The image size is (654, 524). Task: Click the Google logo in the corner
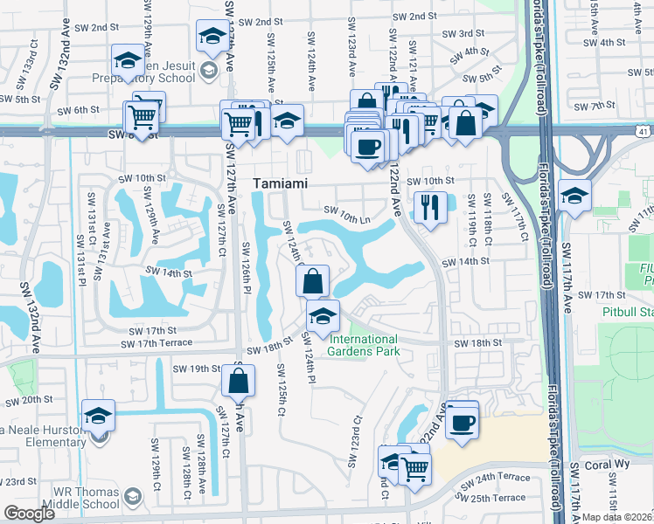pos(29,514)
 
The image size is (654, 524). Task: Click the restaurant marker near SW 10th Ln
pos(429,208)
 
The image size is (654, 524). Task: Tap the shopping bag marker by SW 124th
pos(311,282)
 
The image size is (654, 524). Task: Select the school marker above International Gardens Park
pos(323,316)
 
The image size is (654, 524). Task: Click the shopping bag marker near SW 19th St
pos(239,382)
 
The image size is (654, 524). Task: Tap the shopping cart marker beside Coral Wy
pos(414,468)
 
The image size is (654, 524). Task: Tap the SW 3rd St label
pos(464,34)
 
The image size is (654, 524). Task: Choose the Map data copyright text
pos(617,517)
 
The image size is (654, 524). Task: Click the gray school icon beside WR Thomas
pos(132,497)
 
